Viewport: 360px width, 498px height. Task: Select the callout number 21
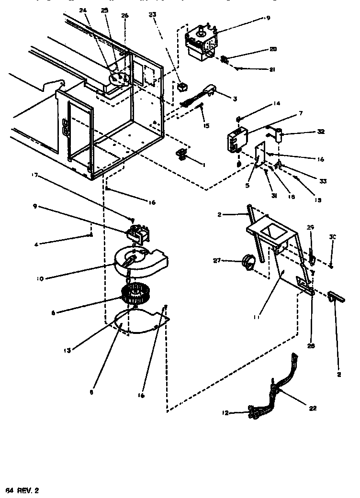[272, 70]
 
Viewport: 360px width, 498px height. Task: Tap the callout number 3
[235, 99]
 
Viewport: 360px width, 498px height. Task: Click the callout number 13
[68, 351]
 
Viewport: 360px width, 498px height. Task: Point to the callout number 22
[313, 409]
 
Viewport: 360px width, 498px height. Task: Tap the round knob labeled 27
[249, 261]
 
